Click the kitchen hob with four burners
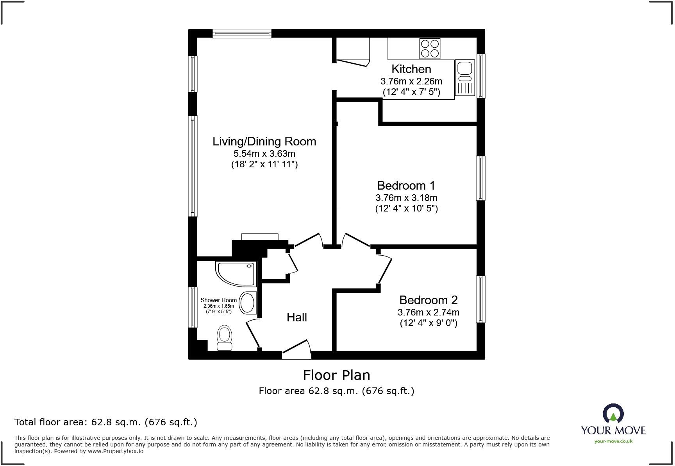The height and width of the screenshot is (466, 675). [x=430, y=48]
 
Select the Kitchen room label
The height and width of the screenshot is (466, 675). [x=411, y=69]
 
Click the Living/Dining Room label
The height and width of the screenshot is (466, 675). [x=264, y=141]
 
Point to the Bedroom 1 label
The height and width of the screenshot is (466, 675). [x=406, y=185]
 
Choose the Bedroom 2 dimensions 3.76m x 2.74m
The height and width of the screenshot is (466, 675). [x=428, y=312]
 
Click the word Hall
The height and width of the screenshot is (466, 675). [x=296, y=317]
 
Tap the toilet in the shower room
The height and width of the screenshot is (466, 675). [x=224, y=338]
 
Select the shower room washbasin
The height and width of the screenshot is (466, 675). [x=247, y=303]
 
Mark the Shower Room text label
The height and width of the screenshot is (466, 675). [x=218, y=300]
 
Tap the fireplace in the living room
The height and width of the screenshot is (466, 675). [x=259, y=237]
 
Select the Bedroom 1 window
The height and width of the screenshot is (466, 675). [x=480, y=178]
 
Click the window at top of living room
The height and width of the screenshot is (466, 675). [x=242, y=34]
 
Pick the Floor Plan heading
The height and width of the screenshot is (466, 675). [x=336, y=375]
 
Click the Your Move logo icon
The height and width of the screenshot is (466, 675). [x=613, y=414]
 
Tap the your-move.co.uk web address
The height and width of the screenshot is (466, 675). [x=613, y=441]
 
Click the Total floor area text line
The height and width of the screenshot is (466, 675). [x=105, y=422]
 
